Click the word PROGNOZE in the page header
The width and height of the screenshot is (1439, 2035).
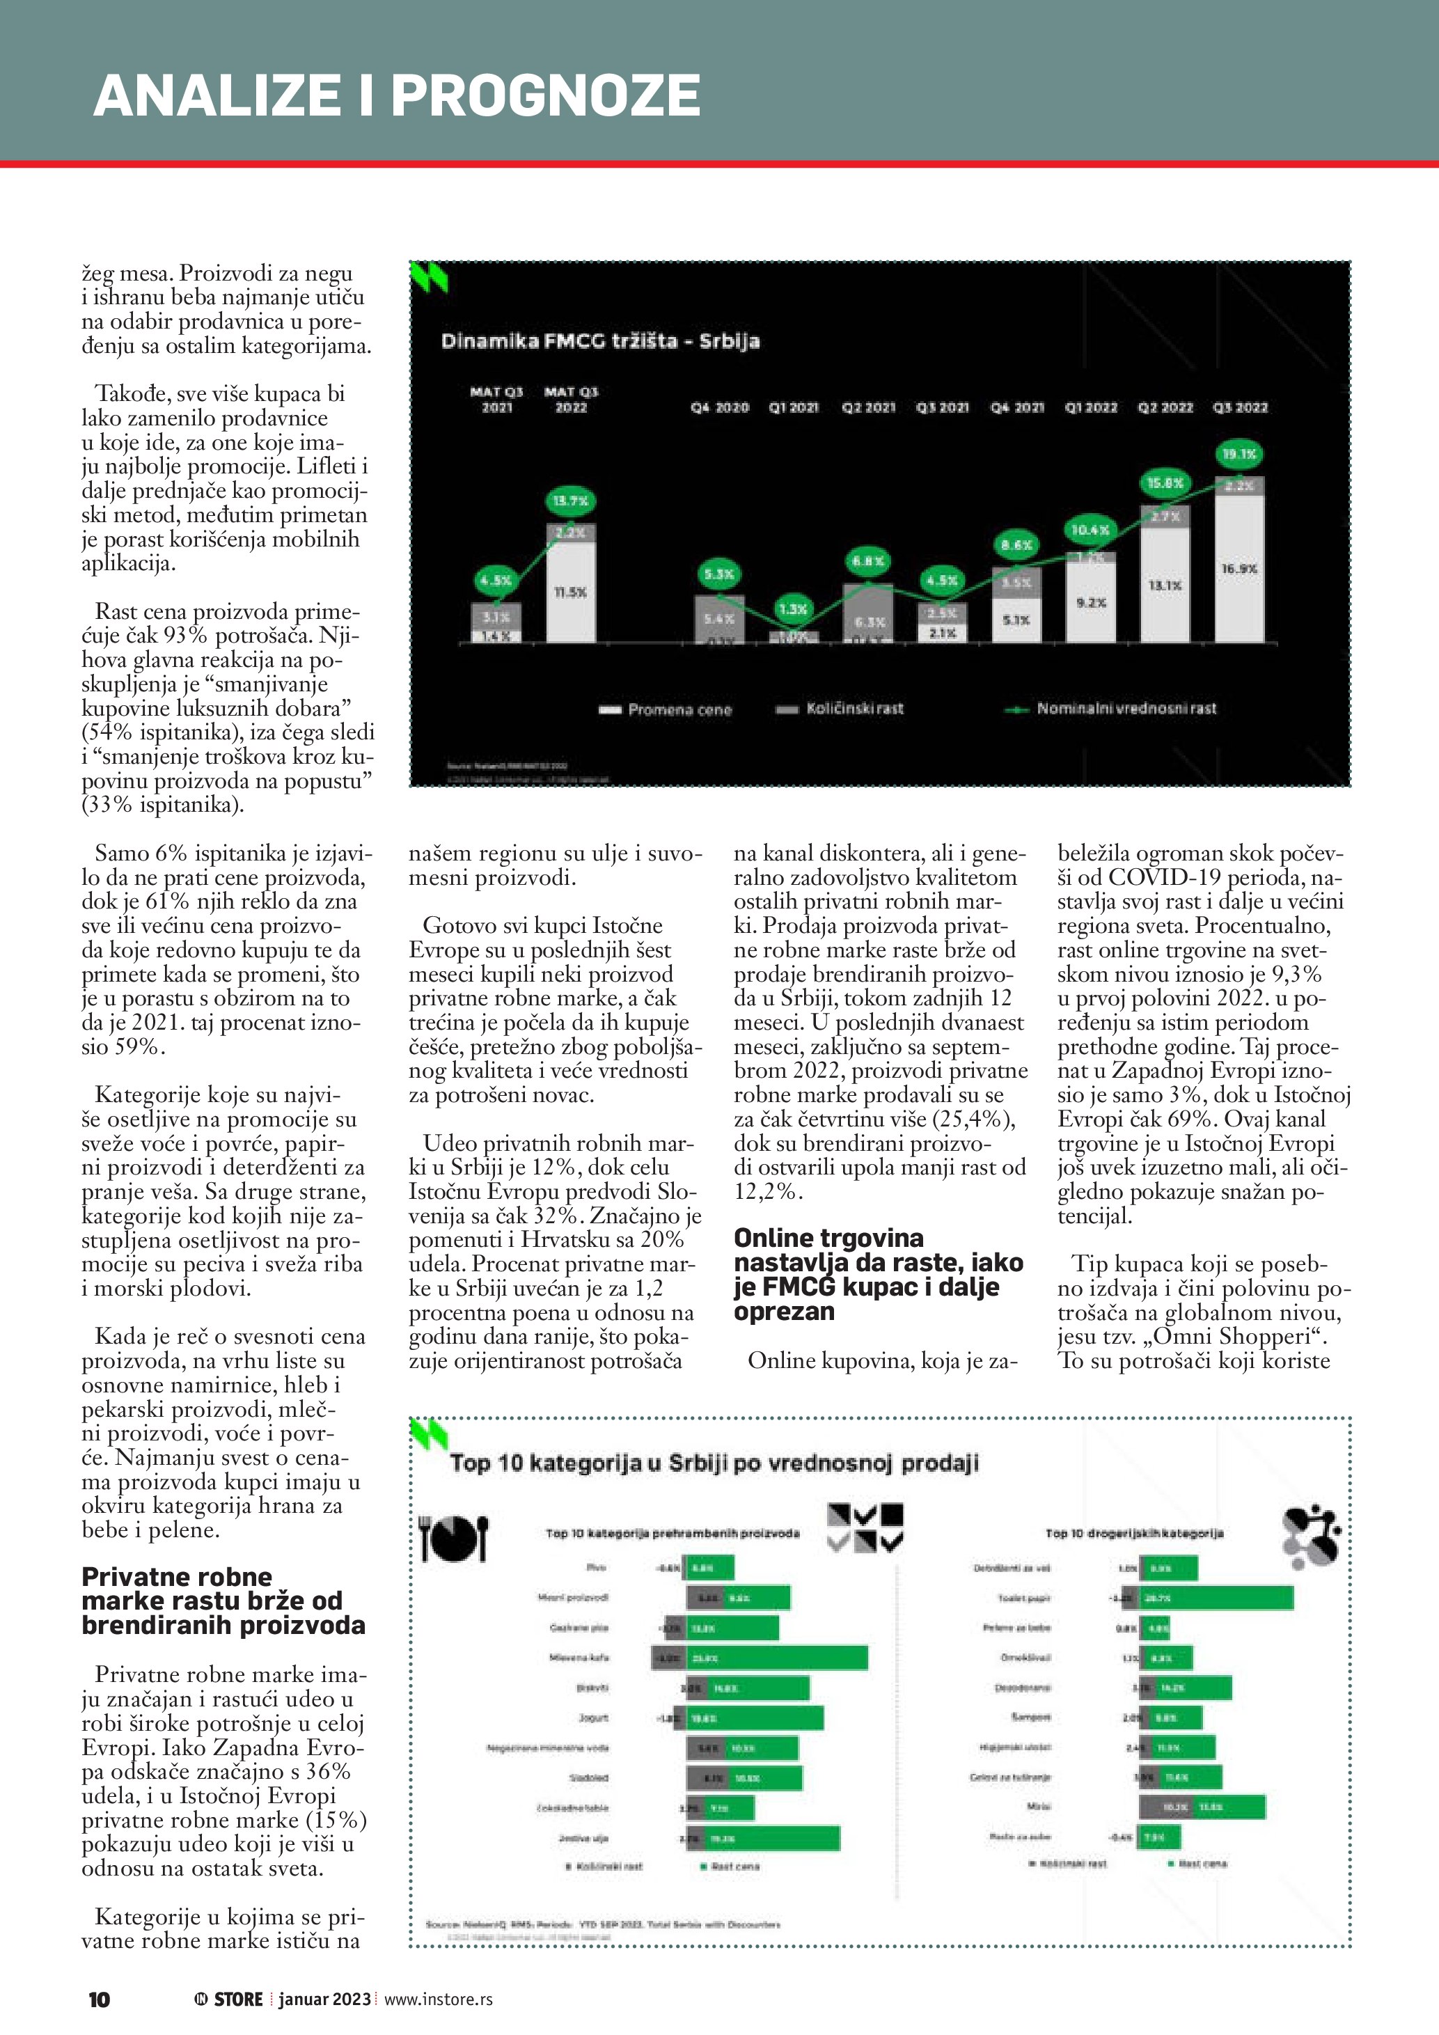point(546,95)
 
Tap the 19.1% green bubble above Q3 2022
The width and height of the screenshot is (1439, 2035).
point(1239,455)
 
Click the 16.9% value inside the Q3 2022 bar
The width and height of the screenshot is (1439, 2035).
point(1239,569)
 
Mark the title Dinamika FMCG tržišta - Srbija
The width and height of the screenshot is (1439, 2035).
point(600,341)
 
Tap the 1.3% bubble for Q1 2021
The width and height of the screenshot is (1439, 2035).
point(792,609)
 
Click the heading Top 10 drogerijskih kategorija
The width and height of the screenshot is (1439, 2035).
point(1134,1533)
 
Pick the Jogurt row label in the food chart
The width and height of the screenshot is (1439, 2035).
point(594,1718)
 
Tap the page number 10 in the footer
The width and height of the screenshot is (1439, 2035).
point(100,1999)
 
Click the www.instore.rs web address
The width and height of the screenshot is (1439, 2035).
point(439,1999)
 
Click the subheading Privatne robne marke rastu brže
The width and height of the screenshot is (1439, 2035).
point(223,1601)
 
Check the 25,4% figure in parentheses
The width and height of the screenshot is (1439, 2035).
point(973,1119)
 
